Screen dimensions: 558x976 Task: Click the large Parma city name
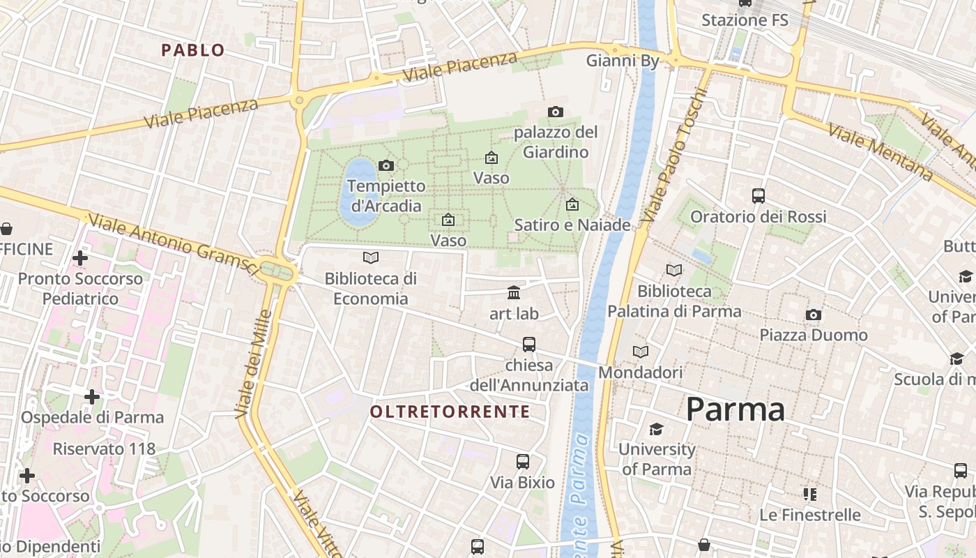pos(735,409)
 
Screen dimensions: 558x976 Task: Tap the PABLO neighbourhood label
pos(193,50)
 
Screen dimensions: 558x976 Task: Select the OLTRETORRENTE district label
pos(450,412)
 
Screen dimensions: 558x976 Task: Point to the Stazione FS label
pos(745,20)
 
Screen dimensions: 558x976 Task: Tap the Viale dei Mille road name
pos(252,363)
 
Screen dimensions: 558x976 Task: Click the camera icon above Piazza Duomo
pos(813,315)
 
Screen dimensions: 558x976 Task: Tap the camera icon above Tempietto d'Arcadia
pos(386,165)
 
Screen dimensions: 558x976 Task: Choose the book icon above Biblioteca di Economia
pos(371,258)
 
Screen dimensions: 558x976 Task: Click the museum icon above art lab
pos(514,292)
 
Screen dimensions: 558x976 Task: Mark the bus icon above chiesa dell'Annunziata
pos(529,344)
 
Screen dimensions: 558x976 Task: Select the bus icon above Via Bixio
pos(522,461)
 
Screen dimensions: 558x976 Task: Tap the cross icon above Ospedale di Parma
pos(91,397)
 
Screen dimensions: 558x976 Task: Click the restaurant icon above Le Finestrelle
pos(809,495)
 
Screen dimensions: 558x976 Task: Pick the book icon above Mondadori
pos(640,352)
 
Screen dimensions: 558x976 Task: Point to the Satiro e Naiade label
pos(572,225)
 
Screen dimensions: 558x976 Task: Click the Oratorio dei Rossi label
pos(758,216)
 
